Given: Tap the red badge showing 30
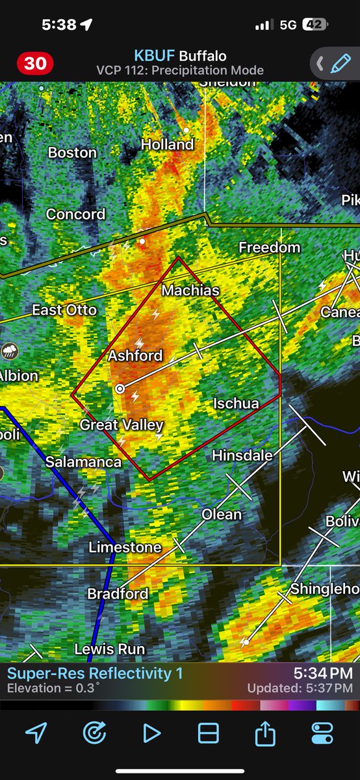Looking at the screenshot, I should tap(35, 64).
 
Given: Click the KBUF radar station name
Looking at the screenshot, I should tap(155, 56).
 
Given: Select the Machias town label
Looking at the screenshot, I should tap(190, 290).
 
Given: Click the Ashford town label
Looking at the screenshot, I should tap(135, 356).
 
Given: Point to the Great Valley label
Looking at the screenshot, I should tap(122, 425).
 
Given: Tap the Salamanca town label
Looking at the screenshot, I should tap(83, 462).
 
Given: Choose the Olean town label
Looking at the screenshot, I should tap(222, 514).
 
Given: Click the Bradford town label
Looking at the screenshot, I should tap(118, 593).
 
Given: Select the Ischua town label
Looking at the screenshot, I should tap(236, 404).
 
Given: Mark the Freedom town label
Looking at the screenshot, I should tap(269, 248).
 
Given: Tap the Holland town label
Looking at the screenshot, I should tap(168, 144).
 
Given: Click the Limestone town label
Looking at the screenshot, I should tap(125, 547).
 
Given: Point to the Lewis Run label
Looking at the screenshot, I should tap(110, 649).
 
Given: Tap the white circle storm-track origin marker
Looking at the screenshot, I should tap(120, 389).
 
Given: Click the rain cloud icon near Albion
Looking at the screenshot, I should tap(9, 352).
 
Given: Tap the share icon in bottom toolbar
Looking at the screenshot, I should tap(265, 733).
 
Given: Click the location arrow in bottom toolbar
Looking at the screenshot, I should tap(36, 733).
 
